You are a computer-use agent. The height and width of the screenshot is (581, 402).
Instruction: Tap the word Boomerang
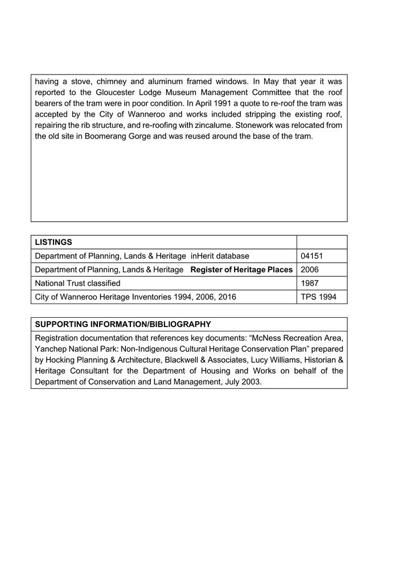coord(105,136)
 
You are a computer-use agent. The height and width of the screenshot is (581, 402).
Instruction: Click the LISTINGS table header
coord(54,242)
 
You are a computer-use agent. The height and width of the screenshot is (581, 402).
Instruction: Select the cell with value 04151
coord(311,256)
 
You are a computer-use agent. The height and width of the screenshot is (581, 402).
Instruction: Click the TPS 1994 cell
coord(318,297)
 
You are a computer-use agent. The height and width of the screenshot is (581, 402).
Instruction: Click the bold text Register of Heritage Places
coord(241,269)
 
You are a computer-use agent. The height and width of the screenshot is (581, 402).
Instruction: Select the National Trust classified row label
coord(77,283)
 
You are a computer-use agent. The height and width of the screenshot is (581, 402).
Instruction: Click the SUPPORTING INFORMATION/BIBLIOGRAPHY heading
coord(123,324)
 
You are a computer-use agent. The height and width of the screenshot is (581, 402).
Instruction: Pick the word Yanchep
coord(50,349)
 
